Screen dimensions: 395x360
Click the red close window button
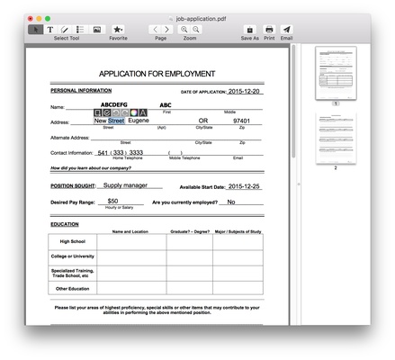click(x=31, y=18)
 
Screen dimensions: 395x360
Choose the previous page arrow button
click(x=155, y=30)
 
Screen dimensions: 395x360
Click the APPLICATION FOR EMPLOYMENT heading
click(x=157, y=74)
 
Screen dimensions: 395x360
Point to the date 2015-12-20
click(x=246, y=92)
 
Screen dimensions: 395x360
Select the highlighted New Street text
click(x=109, y=120)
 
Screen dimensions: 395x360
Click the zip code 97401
click(x=242, y=121)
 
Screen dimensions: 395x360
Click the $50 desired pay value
click(x=112, y=202)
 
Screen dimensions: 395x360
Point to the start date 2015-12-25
click(x=244, y=186)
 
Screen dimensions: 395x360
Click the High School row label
click(x=73, y=241)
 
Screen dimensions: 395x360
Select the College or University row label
click(x=73, y=256)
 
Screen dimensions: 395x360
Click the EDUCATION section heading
click(x=65, y=223)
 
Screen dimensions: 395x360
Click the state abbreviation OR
click(x=203, y=121)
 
